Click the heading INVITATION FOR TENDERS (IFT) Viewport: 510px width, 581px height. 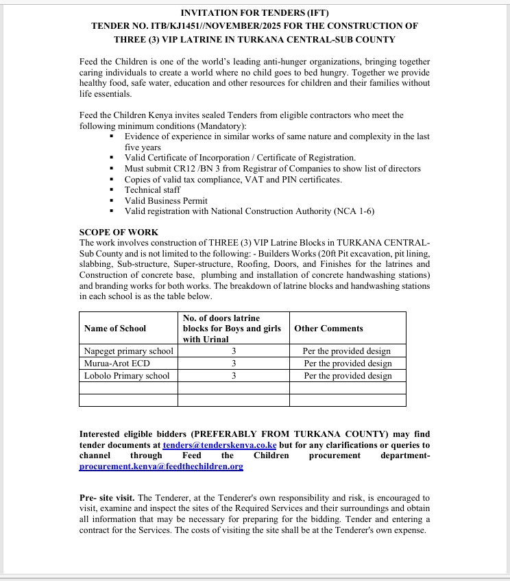(254, 13)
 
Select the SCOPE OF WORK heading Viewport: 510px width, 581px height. (119, 233)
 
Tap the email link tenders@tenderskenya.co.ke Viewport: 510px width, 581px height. (219, 444)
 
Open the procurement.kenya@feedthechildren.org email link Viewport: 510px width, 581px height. (161, 466)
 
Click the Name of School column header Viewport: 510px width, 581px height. (115, 329)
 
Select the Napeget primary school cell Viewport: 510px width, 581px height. (129, 351)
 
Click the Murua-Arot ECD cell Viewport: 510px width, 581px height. (117, 363)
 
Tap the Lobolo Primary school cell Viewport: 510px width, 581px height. (127, 375)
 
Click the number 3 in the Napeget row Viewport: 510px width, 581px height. (234, 351)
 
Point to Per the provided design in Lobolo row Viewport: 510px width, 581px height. (348, 375)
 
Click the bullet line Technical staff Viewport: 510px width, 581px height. (152, 190)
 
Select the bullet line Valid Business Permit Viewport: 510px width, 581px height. (166, 201)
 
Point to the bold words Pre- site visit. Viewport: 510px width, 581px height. (107, 497)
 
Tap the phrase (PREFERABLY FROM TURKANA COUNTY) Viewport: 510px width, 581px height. (302, 434)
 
